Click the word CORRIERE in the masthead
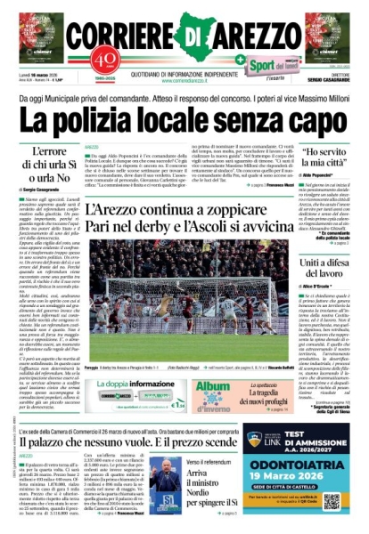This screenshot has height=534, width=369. pyautogui.click(x=125, y=36)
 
